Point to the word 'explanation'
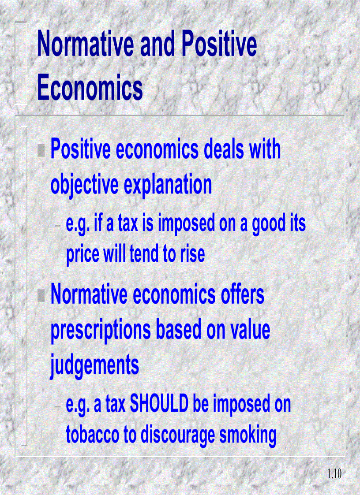168,186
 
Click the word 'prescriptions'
100,331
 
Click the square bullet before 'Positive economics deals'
41,150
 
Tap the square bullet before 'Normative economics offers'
41,295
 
